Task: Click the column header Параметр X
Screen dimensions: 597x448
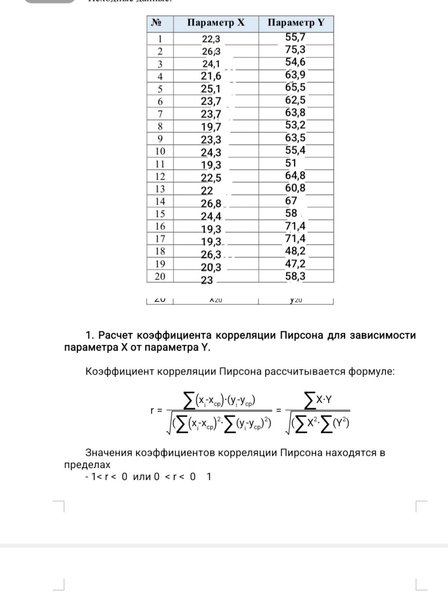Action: [216, 23]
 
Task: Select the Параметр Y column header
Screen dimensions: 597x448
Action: [296, 23]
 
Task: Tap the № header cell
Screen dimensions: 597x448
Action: [156, 23]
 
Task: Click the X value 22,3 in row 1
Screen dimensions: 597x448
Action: [211, 39]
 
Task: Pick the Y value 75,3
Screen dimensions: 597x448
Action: [295, 50]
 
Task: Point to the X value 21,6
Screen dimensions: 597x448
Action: [211, 76]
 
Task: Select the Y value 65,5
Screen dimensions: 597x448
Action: [295, 87]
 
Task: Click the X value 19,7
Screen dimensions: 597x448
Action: [211, 127]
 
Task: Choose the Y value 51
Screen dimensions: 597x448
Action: [290, 163]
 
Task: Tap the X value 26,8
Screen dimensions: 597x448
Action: [211, 203]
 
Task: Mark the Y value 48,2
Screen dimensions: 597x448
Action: [295, 251]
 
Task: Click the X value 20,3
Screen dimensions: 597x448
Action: [211, 267]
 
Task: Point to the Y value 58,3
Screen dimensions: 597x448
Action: [295, 276]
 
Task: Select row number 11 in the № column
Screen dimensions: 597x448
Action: [160, 164]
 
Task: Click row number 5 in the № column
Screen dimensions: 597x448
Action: [160, 89]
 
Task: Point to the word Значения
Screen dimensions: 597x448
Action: [108, 453]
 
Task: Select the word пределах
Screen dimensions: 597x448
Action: [87, 464]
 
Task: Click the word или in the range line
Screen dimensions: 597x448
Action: [142, 477]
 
